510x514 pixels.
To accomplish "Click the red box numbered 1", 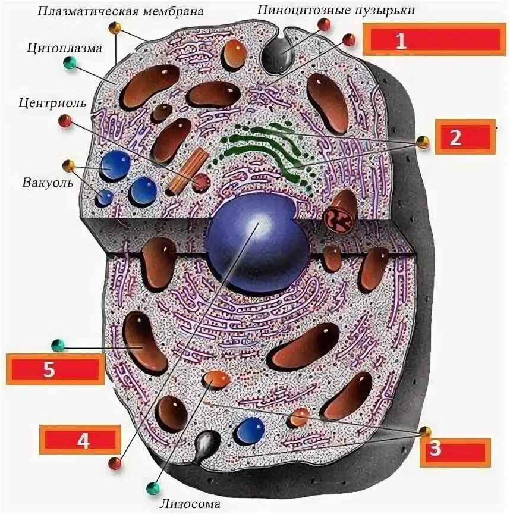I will [x=435, y=40].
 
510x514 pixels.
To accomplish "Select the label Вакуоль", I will [x=48, y=182].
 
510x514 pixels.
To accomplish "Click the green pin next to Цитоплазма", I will [x=70, y=63].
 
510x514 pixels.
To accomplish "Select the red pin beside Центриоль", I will [x=65, y=121].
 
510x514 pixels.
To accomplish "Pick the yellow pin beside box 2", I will [x=422, y=142].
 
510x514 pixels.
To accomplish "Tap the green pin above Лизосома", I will [x=153, y=488].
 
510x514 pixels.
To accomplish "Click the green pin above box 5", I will [x=58, y=345].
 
